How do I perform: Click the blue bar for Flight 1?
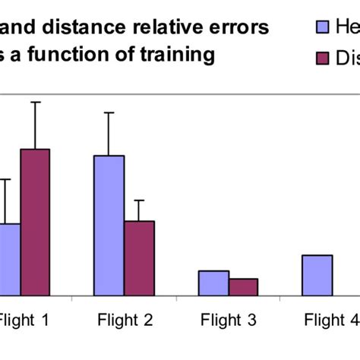click(10, 259)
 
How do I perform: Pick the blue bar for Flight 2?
click(109, 225)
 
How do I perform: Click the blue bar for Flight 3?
click(213, 283)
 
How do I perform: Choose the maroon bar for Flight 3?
click(243, 286)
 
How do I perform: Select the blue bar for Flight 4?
click(317, 275)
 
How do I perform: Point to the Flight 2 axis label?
click(125, 320)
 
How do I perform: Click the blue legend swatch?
click(321, 29)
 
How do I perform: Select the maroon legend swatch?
click(321, 58)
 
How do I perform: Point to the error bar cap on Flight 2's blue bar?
click(109, 112)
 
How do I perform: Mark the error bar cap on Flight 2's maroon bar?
click(139, 201)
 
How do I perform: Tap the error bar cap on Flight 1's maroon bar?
click(35, 102)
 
